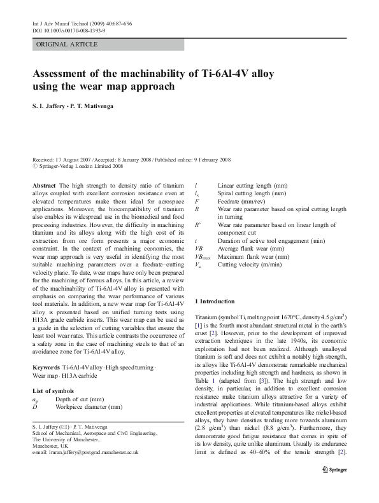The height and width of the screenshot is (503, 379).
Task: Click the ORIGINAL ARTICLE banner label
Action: click(x=66, y=44)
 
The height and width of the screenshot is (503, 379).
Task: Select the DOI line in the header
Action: click(x=69, y=30)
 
